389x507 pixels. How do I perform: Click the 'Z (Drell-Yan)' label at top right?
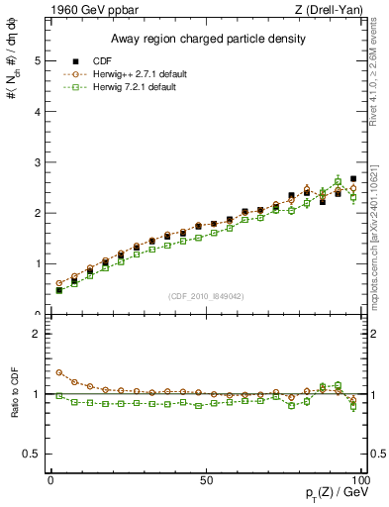(x=331, y=11)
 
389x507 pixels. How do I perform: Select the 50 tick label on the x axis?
(x=205, y=479)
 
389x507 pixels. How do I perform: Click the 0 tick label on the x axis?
(x=50, y=479)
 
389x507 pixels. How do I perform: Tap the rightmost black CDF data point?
(x=353, y=178)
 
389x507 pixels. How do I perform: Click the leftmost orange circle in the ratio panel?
(x=58, y=373)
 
